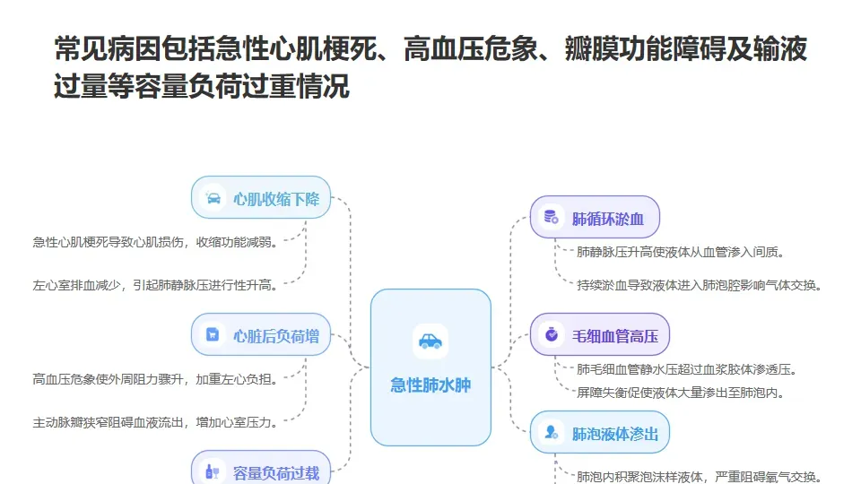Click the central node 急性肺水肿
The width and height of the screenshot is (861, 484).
click(430, 385)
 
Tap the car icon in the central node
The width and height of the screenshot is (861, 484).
click(430, 341)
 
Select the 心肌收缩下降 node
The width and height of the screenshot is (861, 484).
click(262, 198)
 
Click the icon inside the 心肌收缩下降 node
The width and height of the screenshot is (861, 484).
click(213, 198)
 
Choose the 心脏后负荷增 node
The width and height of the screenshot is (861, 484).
click(262, 336)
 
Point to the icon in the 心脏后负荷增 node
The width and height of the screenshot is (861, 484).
click(213, 335)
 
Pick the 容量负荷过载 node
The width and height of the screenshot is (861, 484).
click(262, 471)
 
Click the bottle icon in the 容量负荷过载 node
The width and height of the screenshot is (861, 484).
click(213, 471)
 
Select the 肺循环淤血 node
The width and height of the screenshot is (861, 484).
click(595, 218)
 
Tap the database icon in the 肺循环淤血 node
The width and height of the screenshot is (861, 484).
click(551, 218)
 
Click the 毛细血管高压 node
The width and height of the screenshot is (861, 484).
click(600, 336)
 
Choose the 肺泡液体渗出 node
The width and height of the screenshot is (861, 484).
click(600, 434)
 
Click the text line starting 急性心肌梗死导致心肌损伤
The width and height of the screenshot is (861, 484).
click(155, 242)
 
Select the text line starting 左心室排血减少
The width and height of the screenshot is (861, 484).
click(155, 285)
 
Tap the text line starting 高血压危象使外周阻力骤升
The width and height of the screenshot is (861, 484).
click(155, 378)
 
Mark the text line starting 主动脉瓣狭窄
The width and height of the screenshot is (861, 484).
click(155, 421)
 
